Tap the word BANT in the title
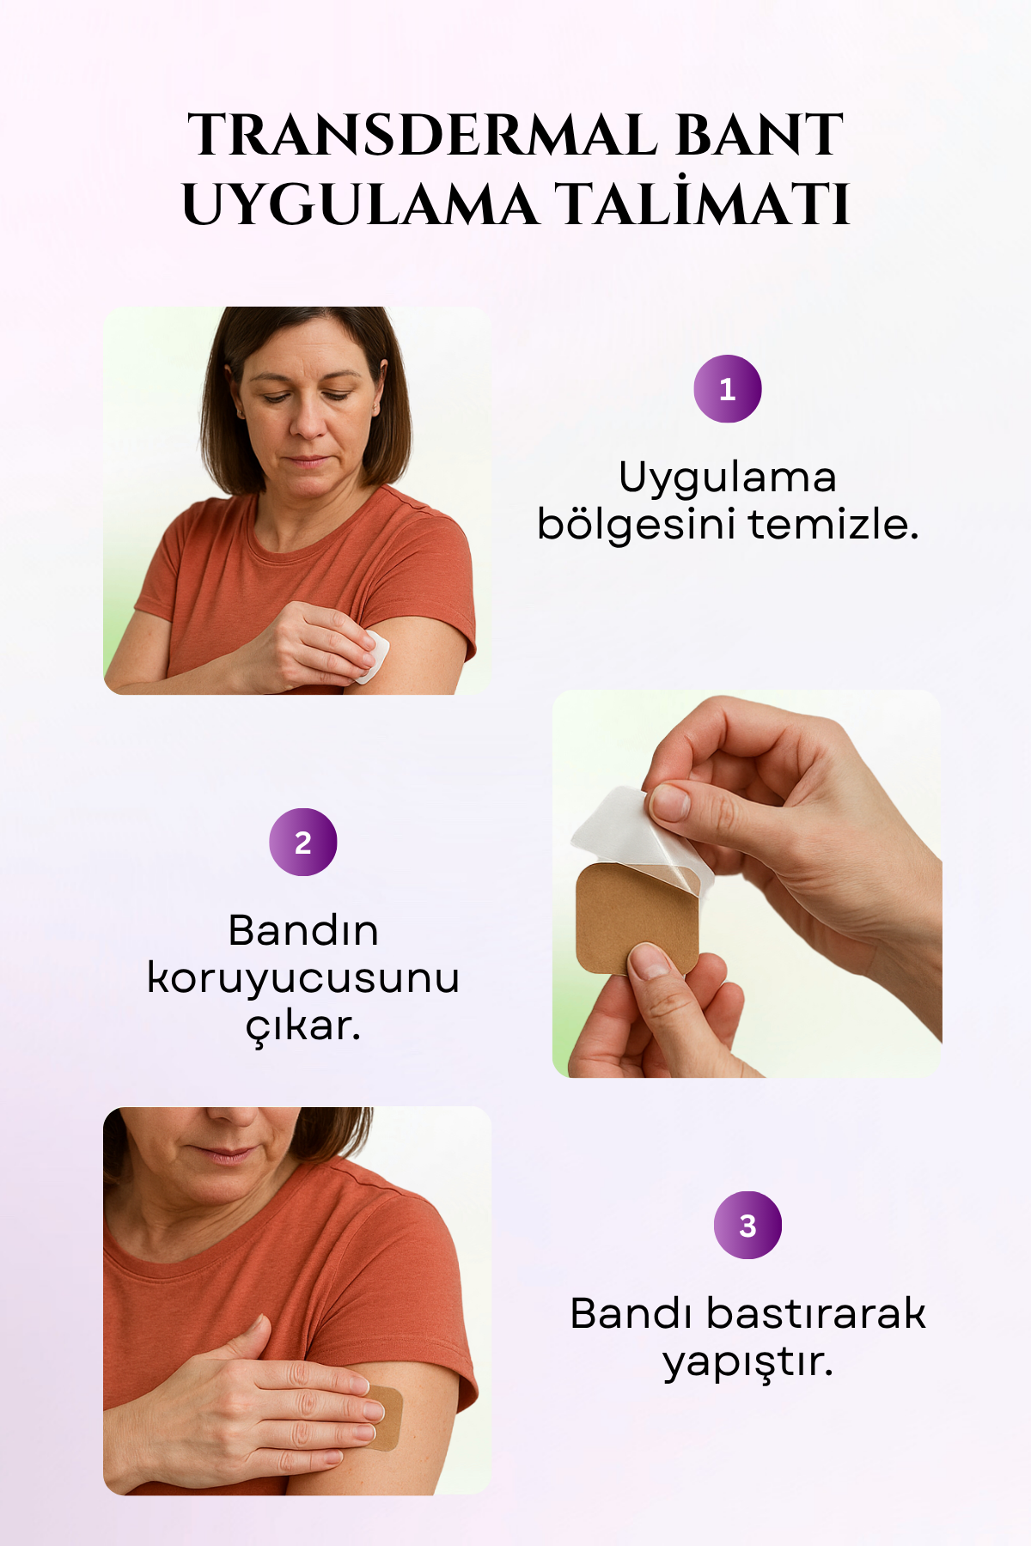(760, 136)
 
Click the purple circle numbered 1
(728, 389)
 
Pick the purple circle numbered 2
(303, 843)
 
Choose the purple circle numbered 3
(748, 1226)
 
